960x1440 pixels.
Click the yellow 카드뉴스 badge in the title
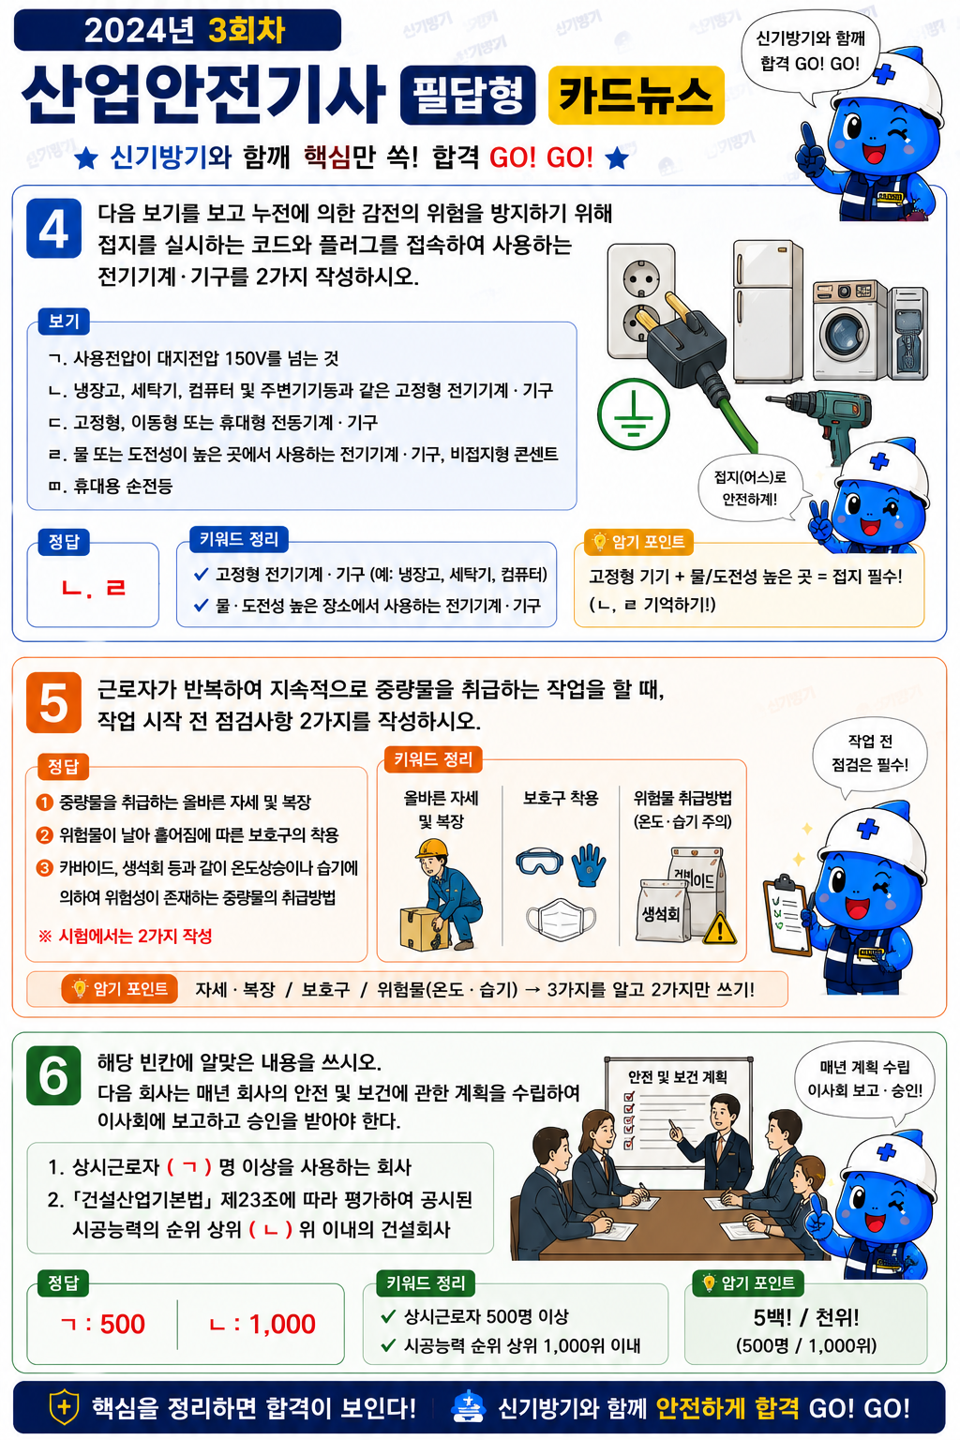pos(636,95)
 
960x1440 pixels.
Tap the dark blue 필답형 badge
pos(468,95)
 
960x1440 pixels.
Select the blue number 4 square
pos(54,228)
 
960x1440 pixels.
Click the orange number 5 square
pos(54,702)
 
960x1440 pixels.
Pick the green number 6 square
pos(54,1075)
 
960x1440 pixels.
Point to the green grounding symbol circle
pos(634,414)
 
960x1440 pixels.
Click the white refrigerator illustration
pos(768,312)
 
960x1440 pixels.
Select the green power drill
pos(823,422)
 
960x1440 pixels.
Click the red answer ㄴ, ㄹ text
pos(93,588)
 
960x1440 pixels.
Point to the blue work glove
pos(589,865)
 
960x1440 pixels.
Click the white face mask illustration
pos(561,920)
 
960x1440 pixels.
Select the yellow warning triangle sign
pos(720,928)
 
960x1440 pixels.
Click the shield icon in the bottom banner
pos(64,1406)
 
